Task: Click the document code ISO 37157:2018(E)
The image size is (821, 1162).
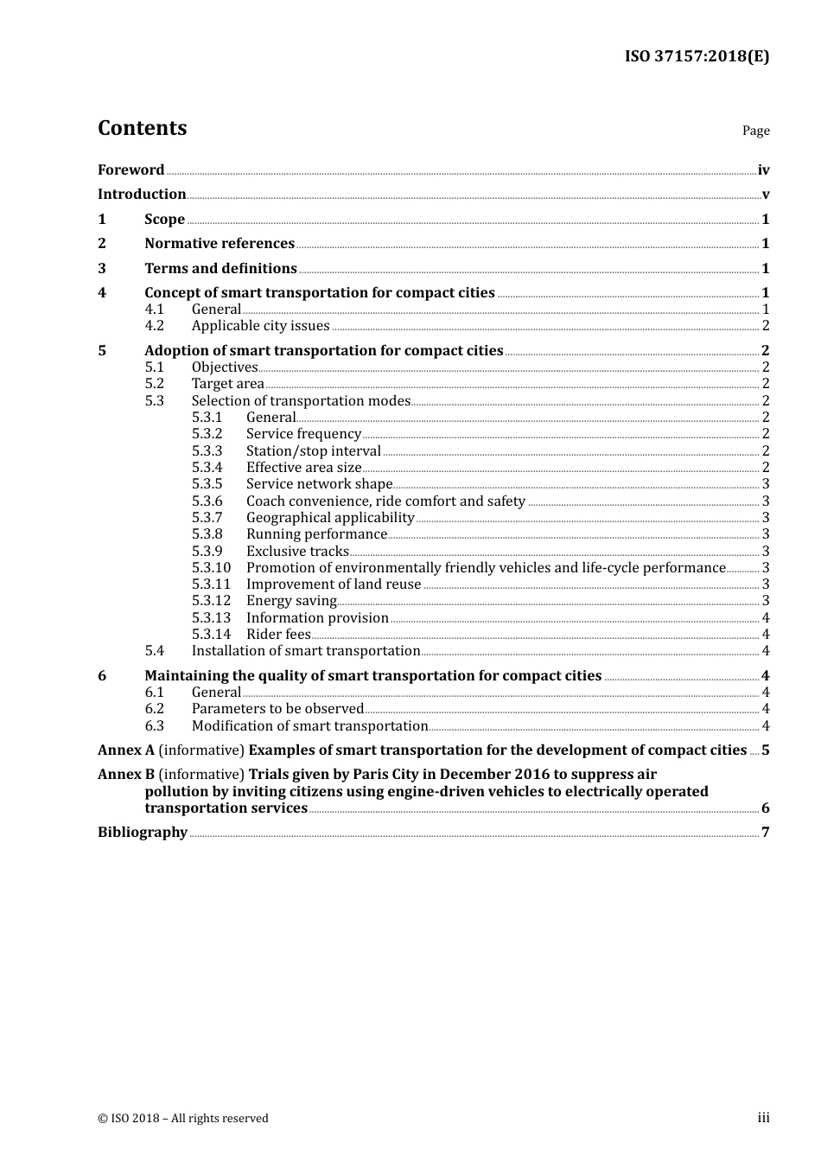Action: (697, 56)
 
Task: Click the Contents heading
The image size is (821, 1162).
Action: (142, 128)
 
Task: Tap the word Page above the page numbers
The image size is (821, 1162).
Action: (755, 131)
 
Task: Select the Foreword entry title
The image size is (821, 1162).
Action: (130, 169)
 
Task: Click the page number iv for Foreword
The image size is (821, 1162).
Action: (763, 170)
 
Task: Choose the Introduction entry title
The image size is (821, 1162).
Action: (142, 194)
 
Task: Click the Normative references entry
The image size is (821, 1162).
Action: (220, 243)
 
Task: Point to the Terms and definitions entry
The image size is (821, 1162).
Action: (220, 268)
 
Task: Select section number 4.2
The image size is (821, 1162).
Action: (155, 326)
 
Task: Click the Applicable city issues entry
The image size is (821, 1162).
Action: (260, 326)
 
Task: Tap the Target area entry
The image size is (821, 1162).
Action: (227, 384)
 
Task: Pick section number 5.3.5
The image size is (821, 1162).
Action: (207, 484)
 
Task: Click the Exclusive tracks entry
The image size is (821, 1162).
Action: (297, 551)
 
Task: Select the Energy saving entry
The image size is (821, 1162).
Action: (291, 601)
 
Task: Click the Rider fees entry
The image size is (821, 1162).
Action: (278, 634)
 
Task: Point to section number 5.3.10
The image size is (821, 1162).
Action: (212, 568)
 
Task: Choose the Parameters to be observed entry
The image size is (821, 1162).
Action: (277, 709)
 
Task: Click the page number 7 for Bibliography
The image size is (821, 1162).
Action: (765, 832)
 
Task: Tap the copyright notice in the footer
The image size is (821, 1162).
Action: (183, 1118)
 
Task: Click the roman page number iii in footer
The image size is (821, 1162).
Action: (763, 1118)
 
